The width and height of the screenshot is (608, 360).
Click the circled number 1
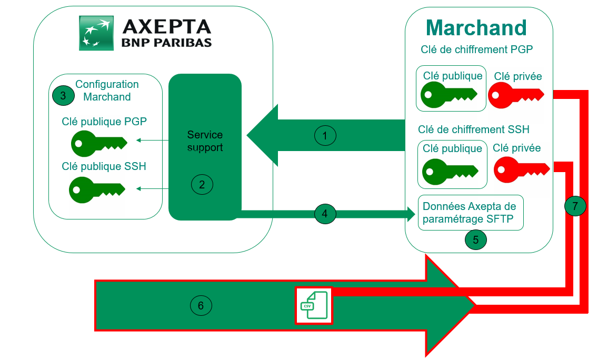coord(325,136)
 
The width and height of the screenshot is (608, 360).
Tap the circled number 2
coord(202,184)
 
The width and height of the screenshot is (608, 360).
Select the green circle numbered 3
coord(63,96)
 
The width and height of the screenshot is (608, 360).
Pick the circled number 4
coord(325,214)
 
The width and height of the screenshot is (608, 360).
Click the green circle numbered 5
coord(475,239)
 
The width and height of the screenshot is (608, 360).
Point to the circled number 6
coord(201,305)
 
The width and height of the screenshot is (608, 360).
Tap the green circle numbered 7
coord(575,206)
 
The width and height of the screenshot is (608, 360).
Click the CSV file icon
coord(313,305)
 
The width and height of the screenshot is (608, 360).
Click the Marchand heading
coord(476,27)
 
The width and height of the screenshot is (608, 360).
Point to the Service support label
coord(205,141)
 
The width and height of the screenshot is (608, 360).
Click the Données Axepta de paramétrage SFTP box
coord(470,213)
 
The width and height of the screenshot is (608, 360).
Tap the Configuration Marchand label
coord(107,91)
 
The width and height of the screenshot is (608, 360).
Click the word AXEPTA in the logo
coord(166,26)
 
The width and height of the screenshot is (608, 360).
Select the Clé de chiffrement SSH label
coord(473,129)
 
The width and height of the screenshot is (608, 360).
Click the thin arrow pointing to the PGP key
coord(152,141)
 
